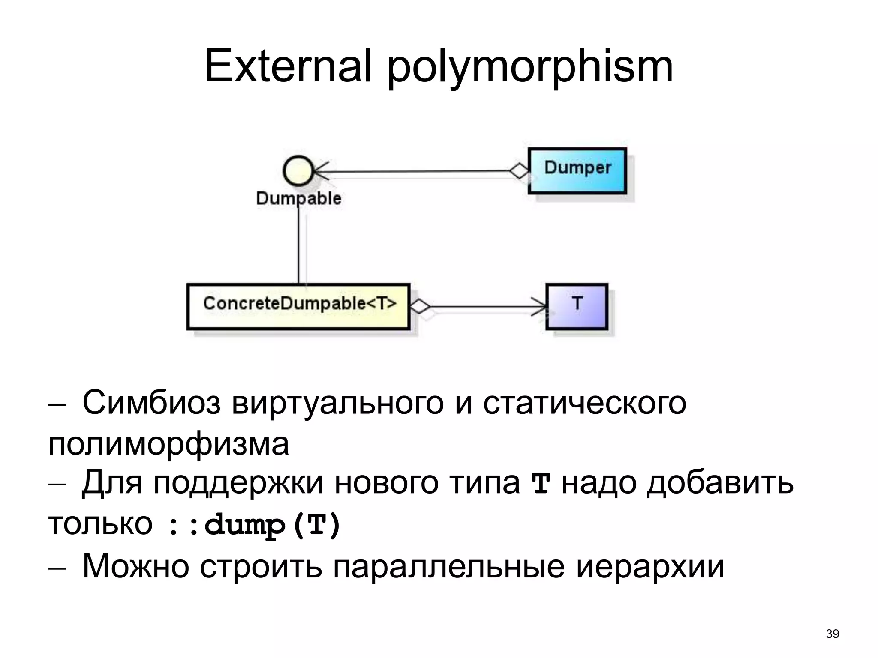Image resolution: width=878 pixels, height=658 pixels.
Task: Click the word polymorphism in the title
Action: [530, 69]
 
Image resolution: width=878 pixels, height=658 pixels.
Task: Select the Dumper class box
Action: [577, 170]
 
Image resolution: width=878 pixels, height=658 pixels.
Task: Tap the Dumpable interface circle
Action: [298, 170]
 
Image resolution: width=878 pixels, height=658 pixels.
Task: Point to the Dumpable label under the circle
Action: [298, 198]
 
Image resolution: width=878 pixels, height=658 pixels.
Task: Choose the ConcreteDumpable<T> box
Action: [298, 306]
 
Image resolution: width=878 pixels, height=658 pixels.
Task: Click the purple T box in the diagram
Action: [577, 306]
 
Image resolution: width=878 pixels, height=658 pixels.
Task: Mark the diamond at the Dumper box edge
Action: [520, 171]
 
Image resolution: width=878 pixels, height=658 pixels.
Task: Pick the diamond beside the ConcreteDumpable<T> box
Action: [420, 306]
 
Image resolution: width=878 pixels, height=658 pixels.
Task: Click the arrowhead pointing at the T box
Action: [541, 306]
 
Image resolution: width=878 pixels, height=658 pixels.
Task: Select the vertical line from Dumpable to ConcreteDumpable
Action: [298, 244]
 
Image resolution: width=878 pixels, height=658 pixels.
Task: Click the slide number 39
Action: [832, 634]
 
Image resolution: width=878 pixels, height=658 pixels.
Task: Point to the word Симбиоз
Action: [151, 403]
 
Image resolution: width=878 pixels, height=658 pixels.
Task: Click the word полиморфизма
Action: [168, 444]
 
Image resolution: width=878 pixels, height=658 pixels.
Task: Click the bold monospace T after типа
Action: [540, 484]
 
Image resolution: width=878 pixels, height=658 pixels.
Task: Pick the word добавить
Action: [720, 483]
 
